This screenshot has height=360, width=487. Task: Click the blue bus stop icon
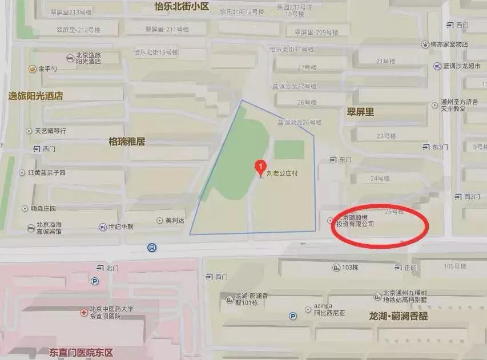tap(152, 248)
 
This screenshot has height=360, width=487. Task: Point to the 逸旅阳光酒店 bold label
tap(35, 96)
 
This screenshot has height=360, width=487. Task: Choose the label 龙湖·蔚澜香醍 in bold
tap(398, 315)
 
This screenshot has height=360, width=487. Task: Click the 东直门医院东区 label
tap(85, 351)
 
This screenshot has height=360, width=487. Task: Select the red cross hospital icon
tap(83, 313)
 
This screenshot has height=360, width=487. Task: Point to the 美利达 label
tap(175, 220)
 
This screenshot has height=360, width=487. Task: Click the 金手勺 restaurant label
tap(47, 69)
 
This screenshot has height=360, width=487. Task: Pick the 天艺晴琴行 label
tap(50, 131)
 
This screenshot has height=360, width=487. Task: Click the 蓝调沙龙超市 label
tap(463, 66)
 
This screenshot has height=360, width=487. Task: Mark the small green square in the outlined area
tap(289, 150)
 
